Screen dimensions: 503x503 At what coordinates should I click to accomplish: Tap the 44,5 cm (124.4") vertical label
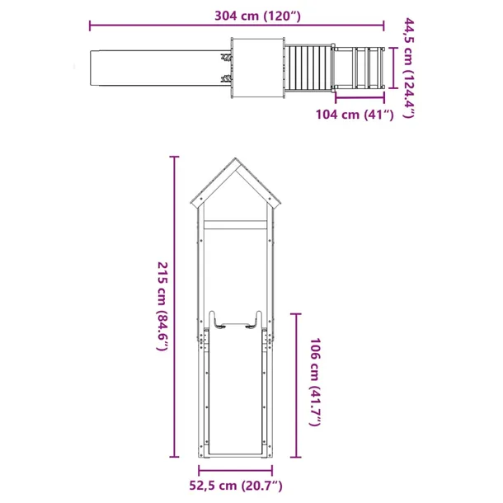coord(408,68)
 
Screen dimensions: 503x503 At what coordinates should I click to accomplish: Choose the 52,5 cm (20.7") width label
coord(237,486)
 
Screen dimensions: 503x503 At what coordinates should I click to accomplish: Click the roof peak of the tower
coord(237,162)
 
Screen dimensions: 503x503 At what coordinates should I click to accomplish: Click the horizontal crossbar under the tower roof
coord(237,225)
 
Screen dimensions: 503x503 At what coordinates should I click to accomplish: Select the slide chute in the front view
coord(237,396)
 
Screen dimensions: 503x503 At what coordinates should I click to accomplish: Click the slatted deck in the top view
coord(308,66)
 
